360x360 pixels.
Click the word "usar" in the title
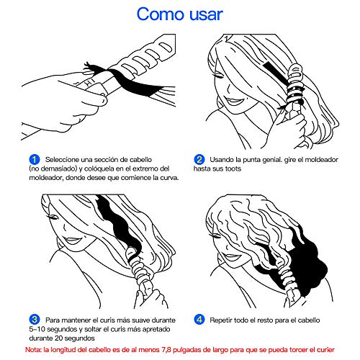[x=207, y=15]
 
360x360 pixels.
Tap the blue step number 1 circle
[x=35, y=160]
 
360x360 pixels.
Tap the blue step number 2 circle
[x=199, y=160]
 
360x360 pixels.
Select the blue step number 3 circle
[x=35, y=320]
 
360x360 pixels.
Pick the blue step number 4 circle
[x=199, y=320]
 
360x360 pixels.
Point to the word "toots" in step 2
[x=233, y=168]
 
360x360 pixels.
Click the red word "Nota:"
[x=33, y=350]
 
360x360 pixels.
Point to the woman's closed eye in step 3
[x=53, y=217]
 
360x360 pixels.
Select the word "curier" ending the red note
[x=325, y=350]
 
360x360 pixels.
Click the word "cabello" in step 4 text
[x=309, y=320]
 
